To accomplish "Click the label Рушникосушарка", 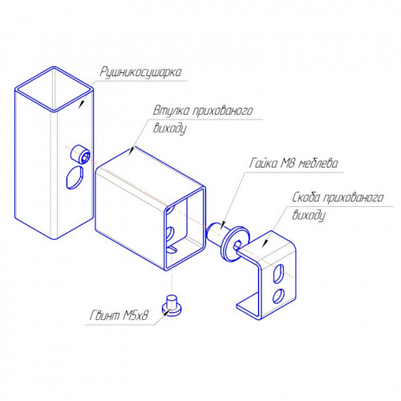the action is pos(141,72).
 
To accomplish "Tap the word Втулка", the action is pos(171,111).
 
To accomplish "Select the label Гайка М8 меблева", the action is pos(294,163).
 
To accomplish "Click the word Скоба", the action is pos(306,197).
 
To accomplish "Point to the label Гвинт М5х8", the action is pos(119,315).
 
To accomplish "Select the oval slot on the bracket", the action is pos(278,273).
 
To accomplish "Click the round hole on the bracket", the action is pos(278,296).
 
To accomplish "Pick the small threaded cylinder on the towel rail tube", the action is pos(80,154).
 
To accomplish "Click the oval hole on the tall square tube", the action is pos(75,177).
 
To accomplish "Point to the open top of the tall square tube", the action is pos(55,89).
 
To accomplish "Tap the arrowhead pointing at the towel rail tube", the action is pos(82,103).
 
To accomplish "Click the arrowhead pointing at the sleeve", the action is pos(132,151).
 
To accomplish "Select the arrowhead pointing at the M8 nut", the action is pos(223,225).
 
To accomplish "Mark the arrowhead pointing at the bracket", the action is pos(265,243).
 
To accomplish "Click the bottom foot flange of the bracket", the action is pos(248,306).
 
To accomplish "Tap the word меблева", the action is pos(318,163).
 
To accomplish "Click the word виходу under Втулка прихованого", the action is pos(170,128).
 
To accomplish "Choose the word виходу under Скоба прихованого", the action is pos(309,216).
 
